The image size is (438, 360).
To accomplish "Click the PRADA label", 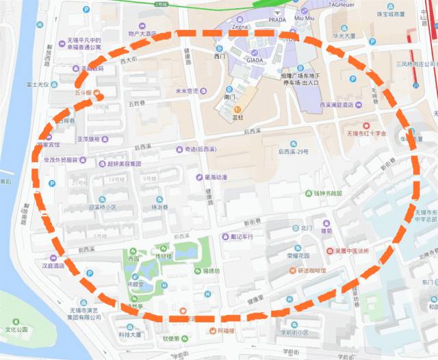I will [x=278, y=21].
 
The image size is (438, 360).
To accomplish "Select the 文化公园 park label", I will [x=16, y=330].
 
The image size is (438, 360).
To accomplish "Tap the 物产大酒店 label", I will [x=142, y=33].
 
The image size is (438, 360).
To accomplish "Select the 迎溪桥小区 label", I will [x=102, y=207].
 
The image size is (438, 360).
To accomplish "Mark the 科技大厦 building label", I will [x=129, y=335].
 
